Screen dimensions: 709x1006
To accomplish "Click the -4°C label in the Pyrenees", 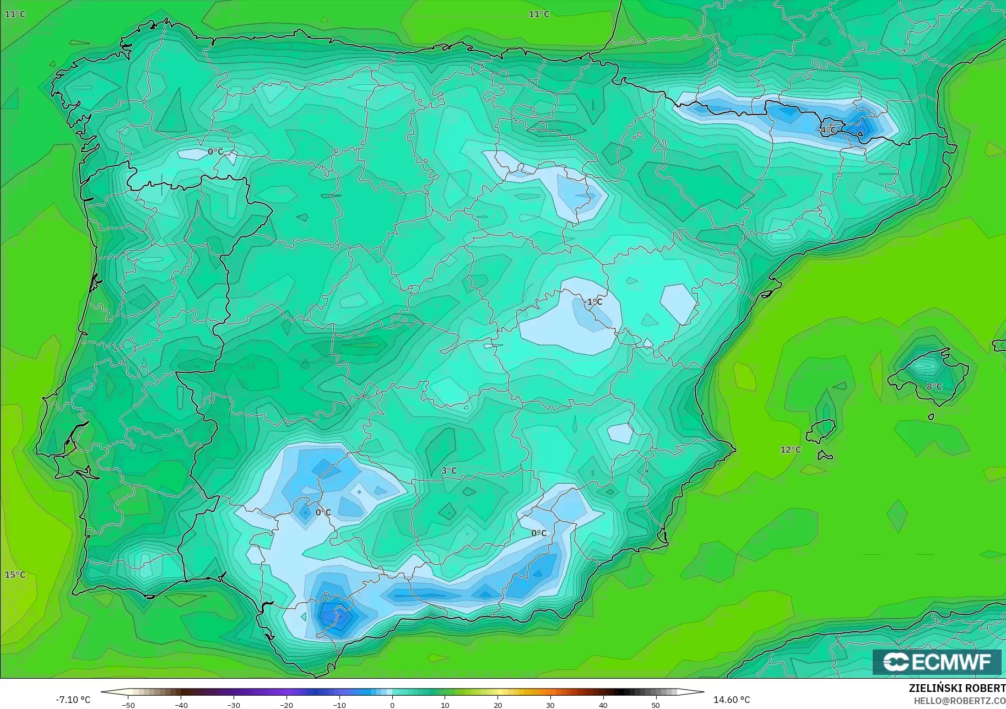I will point(828,130).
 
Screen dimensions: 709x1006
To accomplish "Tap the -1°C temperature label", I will point(593,301).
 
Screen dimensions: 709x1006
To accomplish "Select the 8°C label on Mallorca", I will point(934,386).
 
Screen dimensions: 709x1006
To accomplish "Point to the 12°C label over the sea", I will point(791,450).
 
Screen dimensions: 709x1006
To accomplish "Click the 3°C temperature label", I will point(449,470).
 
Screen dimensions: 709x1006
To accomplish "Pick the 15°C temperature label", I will point(15,575).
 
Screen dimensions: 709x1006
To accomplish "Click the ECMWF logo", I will point(937,662).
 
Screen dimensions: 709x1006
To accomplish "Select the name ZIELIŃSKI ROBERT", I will point(957,689).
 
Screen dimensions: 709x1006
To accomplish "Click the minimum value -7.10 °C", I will point(73,700).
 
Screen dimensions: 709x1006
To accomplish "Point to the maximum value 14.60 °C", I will point(732,700).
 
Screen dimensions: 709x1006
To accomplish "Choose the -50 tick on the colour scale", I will point(128,705).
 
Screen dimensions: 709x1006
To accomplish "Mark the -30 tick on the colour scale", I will point(234,705).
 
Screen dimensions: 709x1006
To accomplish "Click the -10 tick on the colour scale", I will point(339,705).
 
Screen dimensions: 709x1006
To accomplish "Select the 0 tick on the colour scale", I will point(392,705).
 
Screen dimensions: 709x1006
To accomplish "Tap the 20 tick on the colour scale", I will point(498,705).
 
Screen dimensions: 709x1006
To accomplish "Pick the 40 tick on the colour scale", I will point(603,705).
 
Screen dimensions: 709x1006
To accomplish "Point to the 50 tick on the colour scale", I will point(656,705).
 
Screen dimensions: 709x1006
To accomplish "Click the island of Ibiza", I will point(821,430).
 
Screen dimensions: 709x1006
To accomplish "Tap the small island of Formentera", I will point(825,456).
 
